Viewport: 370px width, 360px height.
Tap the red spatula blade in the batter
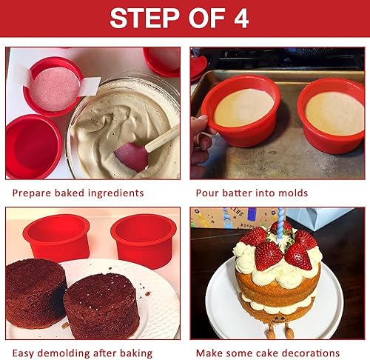(x=131, y=156)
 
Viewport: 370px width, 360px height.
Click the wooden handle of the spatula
(x=164, y=138)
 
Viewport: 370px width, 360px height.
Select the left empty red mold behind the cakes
(x=56, y=237)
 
